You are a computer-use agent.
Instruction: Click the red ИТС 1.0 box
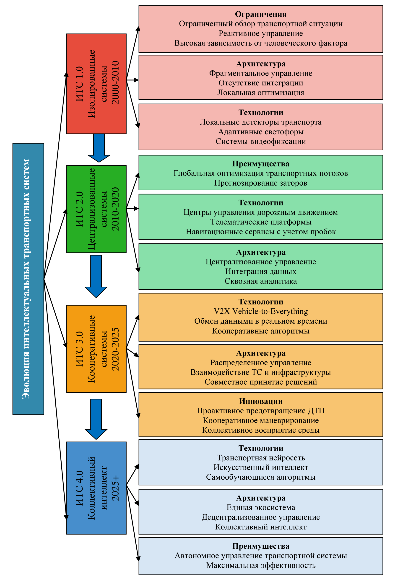(x=96, y=84)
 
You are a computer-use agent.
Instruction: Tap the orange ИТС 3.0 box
(x=96, y=349)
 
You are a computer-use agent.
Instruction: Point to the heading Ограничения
(x=261, y=14)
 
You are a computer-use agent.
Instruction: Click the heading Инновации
(x=261, y=401)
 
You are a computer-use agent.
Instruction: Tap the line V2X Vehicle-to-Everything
(x=261, y=311)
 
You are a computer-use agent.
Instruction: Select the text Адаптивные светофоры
(x=261, y=132)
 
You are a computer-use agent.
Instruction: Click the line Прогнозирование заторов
(x=261, y=183)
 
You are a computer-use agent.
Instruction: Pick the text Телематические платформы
(x=261, y=222)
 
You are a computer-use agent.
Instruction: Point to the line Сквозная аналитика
(x=261, y=281)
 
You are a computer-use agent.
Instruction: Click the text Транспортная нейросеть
(x=261, y=458)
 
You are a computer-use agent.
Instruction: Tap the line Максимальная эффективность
(x=261, y=565)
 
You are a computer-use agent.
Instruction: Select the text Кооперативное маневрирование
(x=261, y=420)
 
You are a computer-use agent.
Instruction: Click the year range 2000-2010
(x=115, y=82)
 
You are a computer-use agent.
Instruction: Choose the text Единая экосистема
(x=261, y=507)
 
